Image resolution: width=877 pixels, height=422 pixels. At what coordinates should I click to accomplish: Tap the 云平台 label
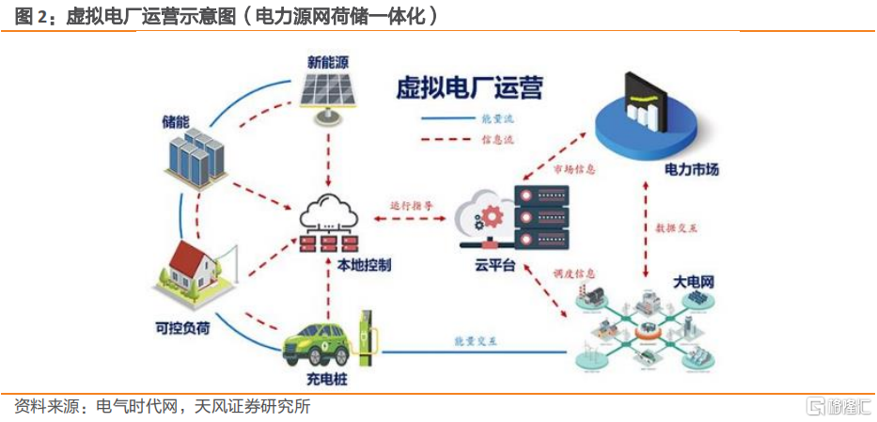pos(497,266)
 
